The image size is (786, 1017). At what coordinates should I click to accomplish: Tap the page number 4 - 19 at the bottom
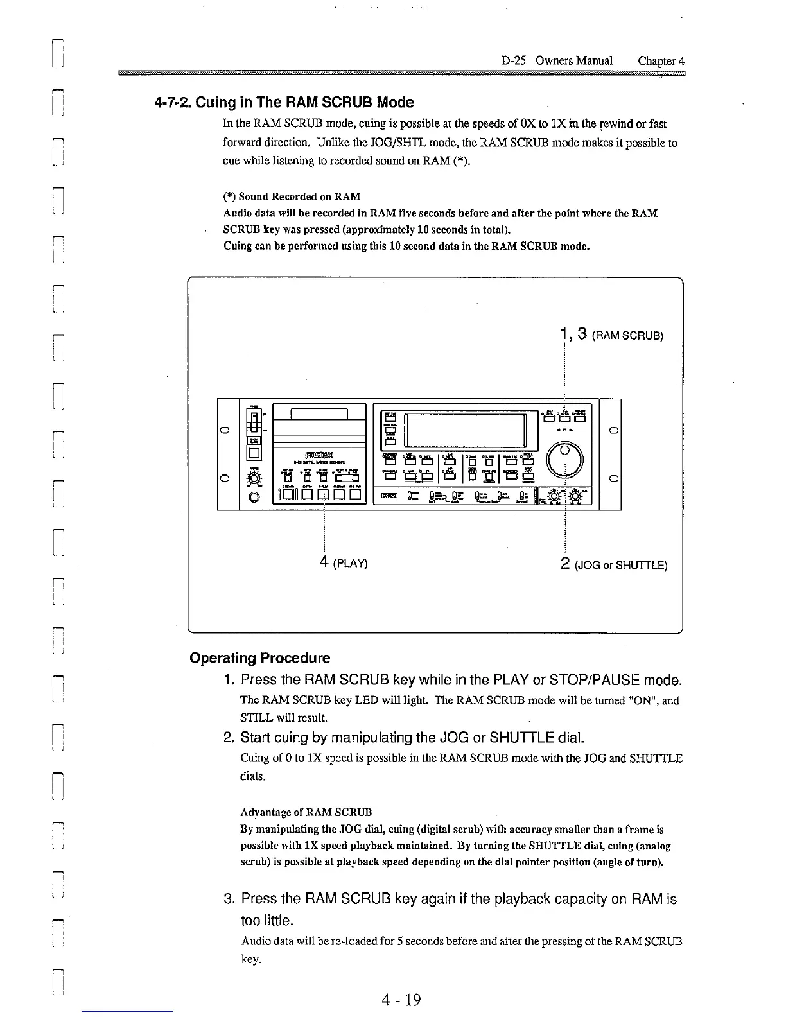[x=401, y=1000]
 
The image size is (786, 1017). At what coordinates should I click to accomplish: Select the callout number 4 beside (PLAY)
[x=325, y=562]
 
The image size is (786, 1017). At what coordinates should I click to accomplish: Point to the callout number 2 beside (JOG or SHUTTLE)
[x=565, y=564]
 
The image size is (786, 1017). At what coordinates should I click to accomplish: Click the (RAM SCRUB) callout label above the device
[x=627, y=336]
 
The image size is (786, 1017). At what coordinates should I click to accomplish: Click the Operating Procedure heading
[x=260, y=658]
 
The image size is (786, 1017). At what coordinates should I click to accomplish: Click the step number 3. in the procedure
[x=229, y=899]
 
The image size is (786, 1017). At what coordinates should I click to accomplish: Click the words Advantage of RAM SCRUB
[x=306, y=813]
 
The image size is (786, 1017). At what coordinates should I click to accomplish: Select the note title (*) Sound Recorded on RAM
[x=292, y=196]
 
